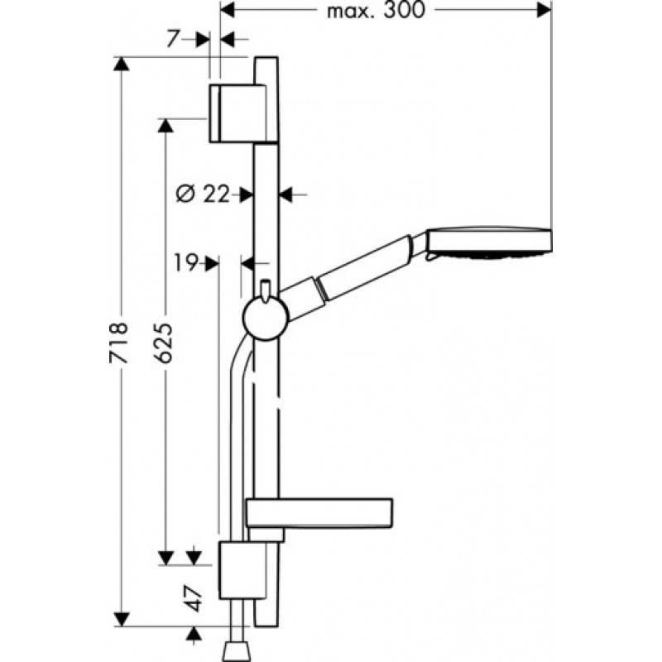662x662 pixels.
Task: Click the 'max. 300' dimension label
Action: [x=376, y=10]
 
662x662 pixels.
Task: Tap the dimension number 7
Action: [x=173, y=39]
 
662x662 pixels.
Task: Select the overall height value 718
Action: [x=118, y=343]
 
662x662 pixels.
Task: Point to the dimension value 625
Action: [x=163, y=343]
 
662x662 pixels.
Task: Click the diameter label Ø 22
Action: [x=203, y=194]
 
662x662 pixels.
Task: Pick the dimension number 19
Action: [x=185, y=263]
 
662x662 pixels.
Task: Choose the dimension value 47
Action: [x=194, y=597]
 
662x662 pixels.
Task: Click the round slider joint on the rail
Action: [x=266, y=318]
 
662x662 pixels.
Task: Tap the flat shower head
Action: [x=489, y=242]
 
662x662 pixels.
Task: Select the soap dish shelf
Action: [x=319, y=513]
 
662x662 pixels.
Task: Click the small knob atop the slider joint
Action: [x=265, y=290]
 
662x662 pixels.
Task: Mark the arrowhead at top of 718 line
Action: [x=122, y=64]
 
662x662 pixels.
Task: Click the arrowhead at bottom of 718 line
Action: [x=122, y=619]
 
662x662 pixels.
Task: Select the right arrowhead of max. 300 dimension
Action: [x=544, y=10]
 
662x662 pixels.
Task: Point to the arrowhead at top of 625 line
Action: [x=165, y=126]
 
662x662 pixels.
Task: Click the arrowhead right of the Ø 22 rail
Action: [x=285, y=194]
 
